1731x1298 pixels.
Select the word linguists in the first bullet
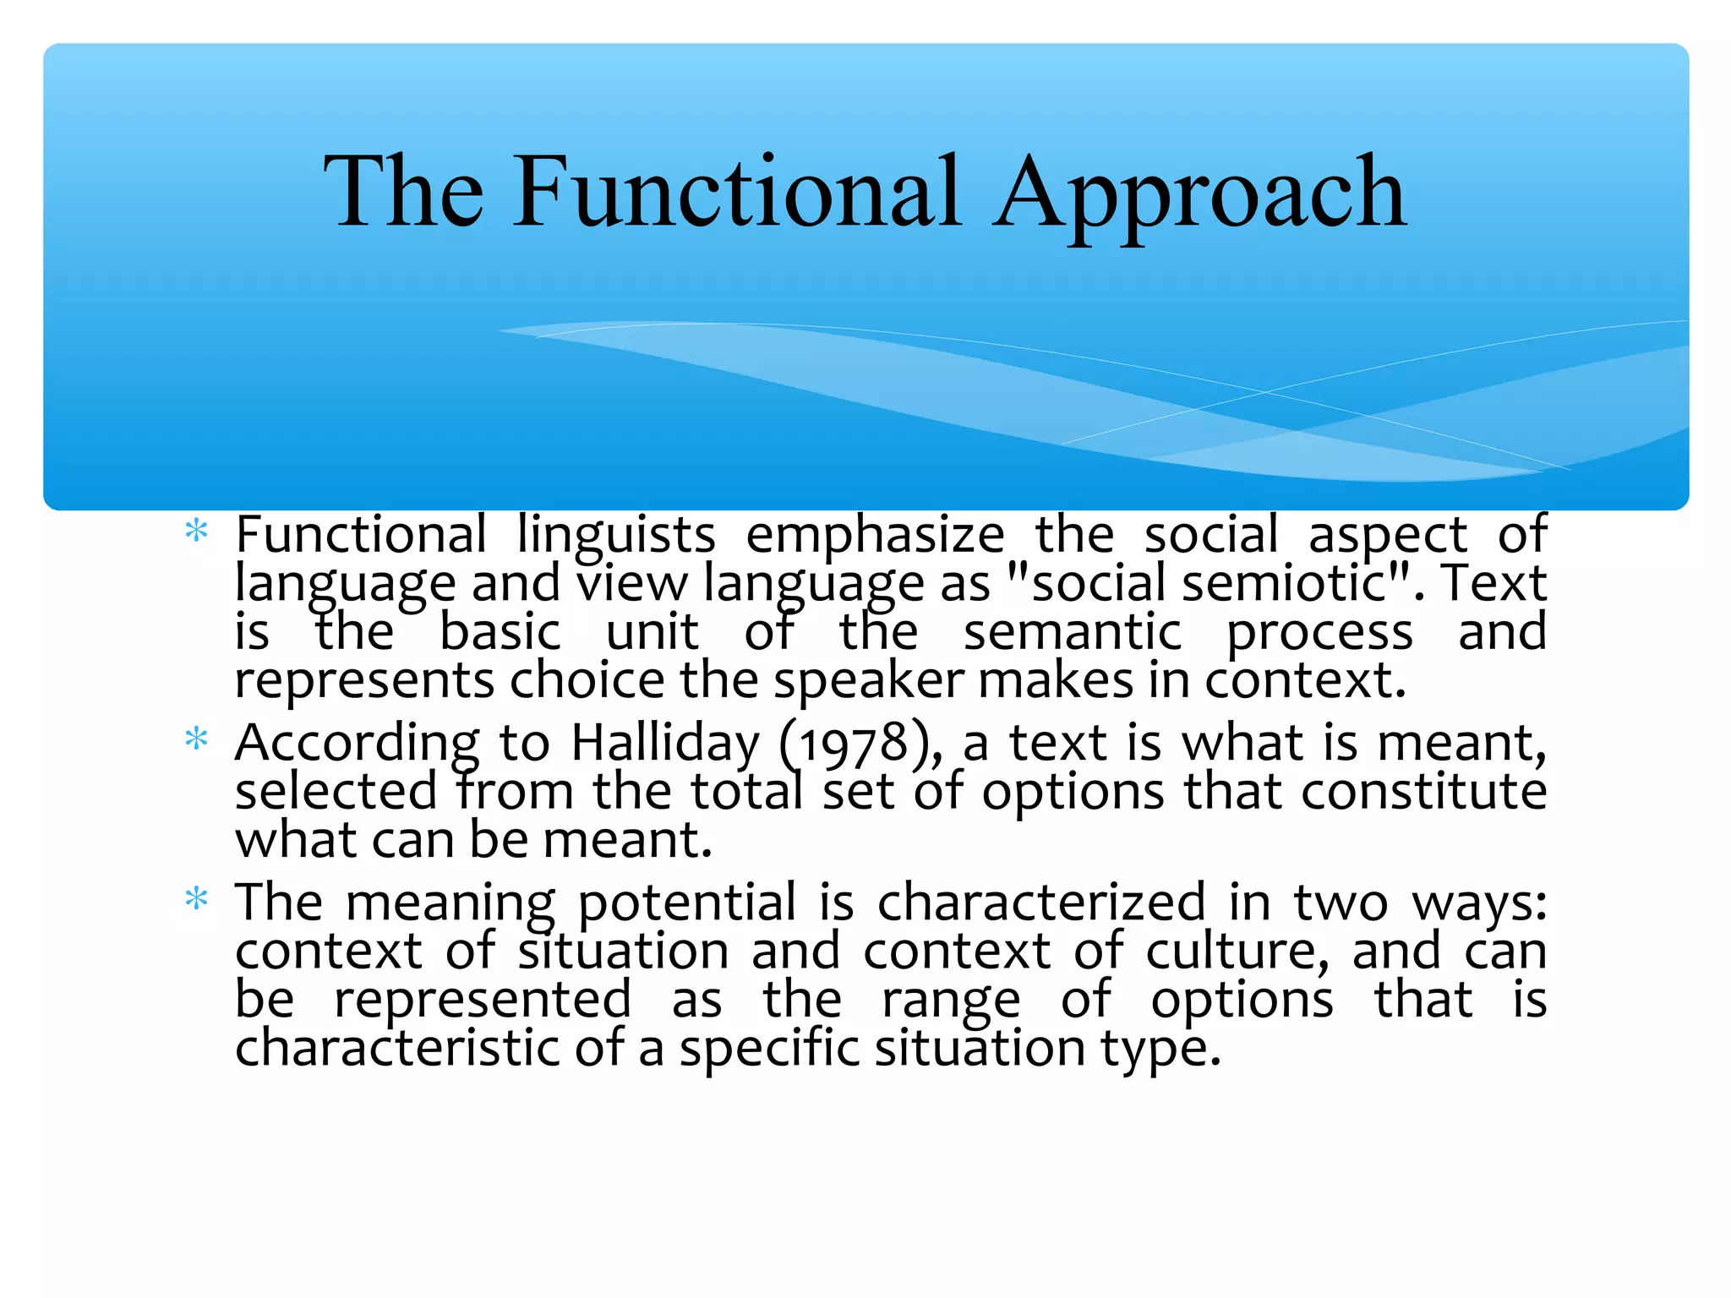[x=616, y=536]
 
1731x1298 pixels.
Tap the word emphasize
[x=875, y=536]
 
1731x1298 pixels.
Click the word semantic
[x=1072, y=632]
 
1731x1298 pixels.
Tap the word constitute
[x=1423, y=792]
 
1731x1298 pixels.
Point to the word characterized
[x=1041, y=902]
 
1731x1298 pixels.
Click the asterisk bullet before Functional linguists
[x=196, y=532]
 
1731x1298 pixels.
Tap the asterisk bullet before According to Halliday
[x=196, y=739]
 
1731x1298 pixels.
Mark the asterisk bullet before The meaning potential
[x=196, y=898]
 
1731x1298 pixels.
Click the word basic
[x=500, y=632]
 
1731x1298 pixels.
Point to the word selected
[x=336, y=792]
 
